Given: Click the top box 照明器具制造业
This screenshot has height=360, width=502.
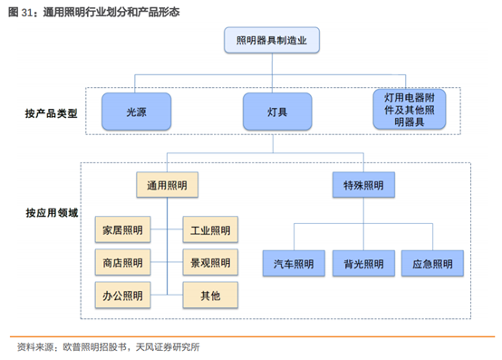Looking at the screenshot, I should [x=270, y=41].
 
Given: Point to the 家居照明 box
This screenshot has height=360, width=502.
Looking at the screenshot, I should [x=123, y=230].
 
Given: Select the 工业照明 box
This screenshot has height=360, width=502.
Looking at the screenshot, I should [x=210, y=230].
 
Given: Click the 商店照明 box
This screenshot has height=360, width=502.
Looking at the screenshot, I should [x=123, y=263].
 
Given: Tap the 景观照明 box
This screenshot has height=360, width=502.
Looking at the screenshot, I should [x=210, y=263].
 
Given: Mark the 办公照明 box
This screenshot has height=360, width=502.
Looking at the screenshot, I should [x=123, y=295].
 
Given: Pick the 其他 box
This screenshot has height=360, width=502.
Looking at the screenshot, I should [x=210, y=295].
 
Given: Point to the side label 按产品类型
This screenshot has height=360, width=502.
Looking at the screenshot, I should [x=51, y=114].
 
